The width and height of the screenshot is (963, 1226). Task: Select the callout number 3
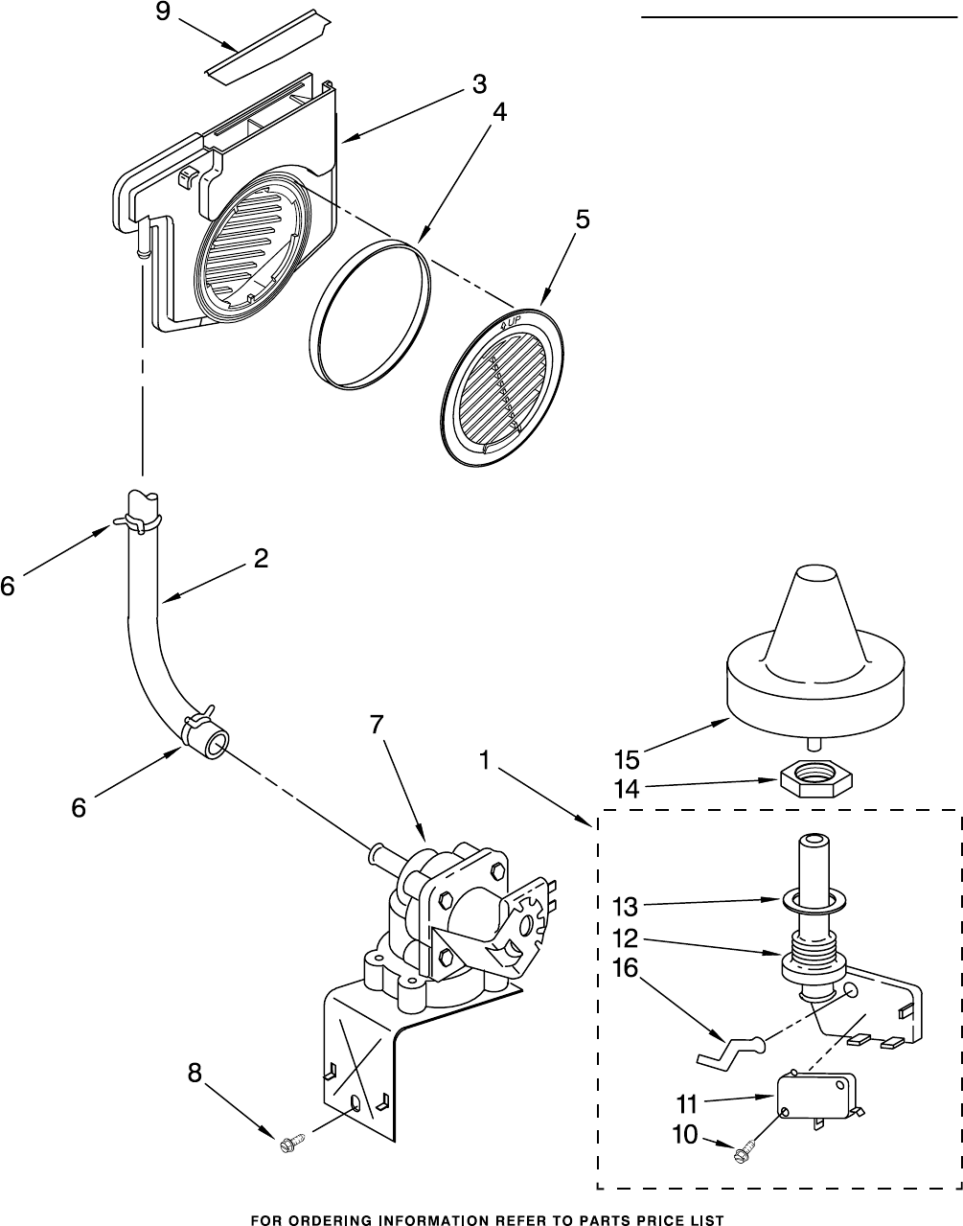pos(478,84)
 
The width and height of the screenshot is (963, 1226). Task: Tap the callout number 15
pos(626,760)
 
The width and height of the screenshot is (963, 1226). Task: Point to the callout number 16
pos(625,969)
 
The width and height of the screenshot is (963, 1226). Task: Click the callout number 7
pos(377,725)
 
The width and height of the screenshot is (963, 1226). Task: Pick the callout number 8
pos(195,1074)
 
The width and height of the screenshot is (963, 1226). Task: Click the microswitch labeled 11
pos(814,1096)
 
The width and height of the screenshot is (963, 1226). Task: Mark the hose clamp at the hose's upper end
pos(134,520)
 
